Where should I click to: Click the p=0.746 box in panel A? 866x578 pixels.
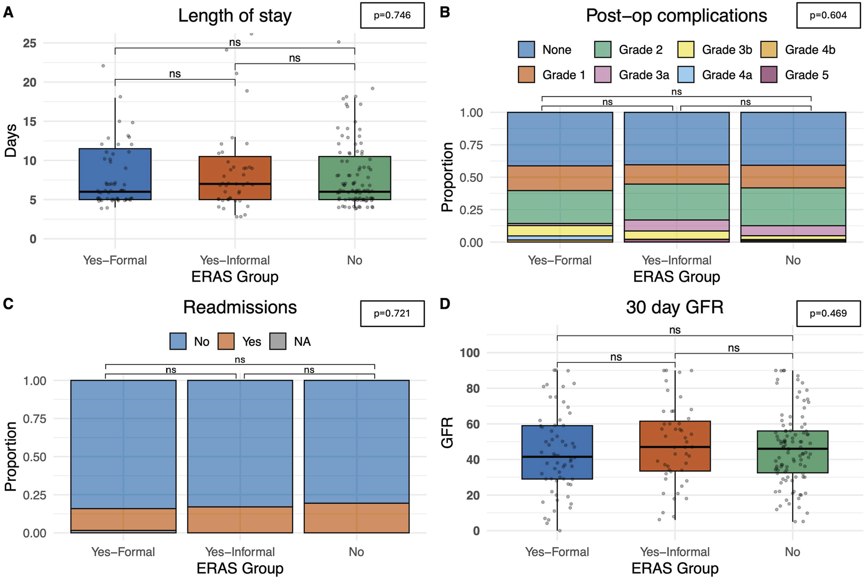(x=392, y=15)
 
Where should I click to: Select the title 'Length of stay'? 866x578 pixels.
(x=235, y=16)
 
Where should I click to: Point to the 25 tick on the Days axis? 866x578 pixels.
(x=30, y=43)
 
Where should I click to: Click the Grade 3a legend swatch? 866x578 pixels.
(x=603, y=75)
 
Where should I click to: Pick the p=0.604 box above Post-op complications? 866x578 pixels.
(x=828, y=15)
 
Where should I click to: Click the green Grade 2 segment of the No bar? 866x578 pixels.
(x=793, y=207)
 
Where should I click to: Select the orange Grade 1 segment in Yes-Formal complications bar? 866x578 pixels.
(x=560, y=178)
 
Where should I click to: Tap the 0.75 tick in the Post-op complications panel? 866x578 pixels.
(x=471, y=145)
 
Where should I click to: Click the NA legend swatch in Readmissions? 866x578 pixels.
(x=278, y=342)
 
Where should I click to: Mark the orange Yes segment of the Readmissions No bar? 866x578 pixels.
(x=357, y=518)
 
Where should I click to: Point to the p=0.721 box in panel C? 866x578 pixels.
(x=392, y=314)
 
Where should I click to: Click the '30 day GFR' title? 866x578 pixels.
(x=674, y=307)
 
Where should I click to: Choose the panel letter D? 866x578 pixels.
(x=445, y=304)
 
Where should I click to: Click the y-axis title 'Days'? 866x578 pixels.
(x=10, y=141)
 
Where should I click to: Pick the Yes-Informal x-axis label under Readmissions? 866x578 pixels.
(x=240, y=552)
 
